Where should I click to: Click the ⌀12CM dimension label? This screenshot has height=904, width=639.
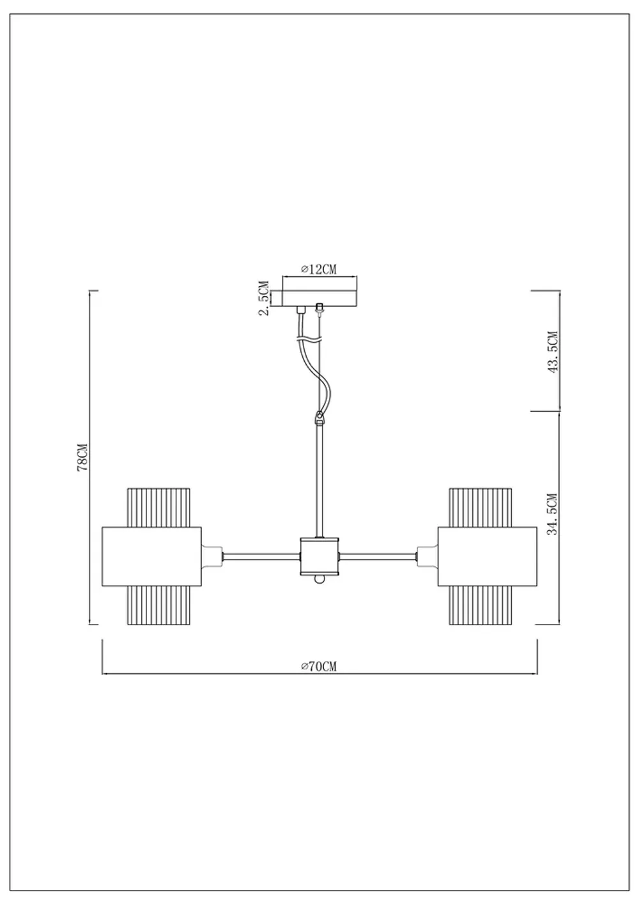tap(319, 269)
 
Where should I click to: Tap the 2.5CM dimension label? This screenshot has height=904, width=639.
tap(265, 298)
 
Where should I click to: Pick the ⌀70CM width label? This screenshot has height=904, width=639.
tap(319, 666)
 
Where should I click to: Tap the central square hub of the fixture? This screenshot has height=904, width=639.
tap(319, 556)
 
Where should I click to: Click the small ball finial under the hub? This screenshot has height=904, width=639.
tap(319, 579)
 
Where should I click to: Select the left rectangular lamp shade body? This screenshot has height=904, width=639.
tap(151, 556)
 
